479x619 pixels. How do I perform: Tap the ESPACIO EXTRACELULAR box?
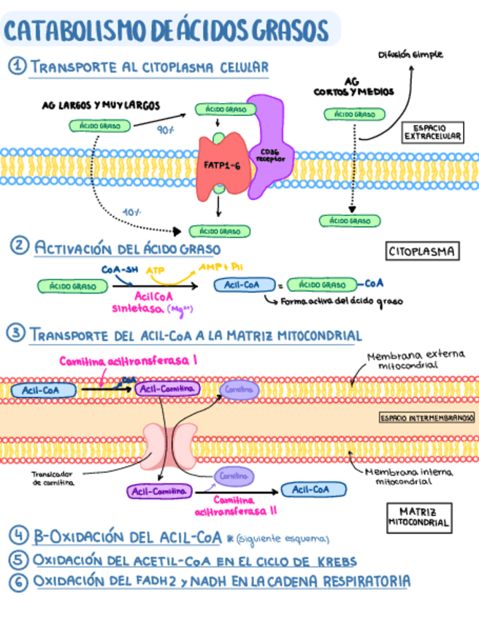[x=433, y=131]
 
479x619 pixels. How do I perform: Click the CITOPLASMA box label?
[x=421, y=252]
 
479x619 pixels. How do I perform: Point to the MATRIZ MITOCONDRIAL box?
[x=418, y=517]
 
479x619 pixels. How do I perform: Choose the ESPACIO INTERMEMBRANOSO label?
[x=423, y=418]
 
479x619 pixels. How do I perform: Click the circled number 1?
[x=16, y=66]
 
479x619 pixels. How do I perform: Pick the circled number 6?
[x=18, y=582]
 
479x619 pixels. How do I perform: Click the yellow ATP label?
[x=156, y=271]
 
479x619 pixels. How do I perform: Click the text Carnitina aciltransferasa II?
[x=236, y=505]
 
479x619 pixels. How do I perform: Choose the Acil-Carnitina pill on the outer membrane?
[x=166, y=389]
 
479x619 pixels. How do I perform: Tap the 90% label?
[x=165, y=131]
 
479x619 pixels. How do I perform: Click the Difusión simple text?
[x=410, y=55]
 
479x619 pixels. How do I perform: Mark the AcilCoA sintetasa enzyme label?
[x=139, y=302]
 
